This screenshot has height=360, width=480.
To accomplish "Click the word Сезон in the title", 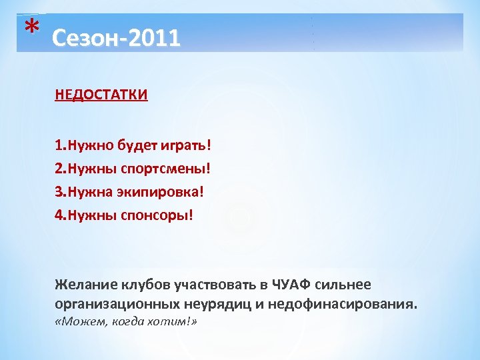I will pyautogui.click(x=77, y=38).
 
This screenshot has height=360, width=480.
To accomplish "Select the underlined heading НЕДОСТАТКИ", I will pyautogui.click(x=101, y=95).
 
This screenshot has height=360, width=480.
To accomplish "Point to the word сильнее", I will pyautogui.click(x=345, y=285).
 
